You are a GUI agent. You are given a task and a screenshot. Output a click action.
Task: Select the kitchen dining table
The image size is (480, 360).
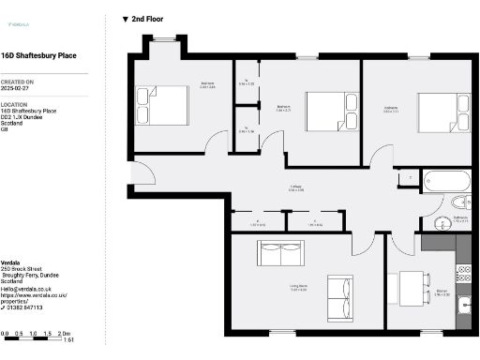pos(412,285)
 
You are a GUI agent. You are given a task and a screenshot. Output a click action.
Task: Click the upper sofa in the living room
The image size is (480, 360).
pos(281,254)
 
